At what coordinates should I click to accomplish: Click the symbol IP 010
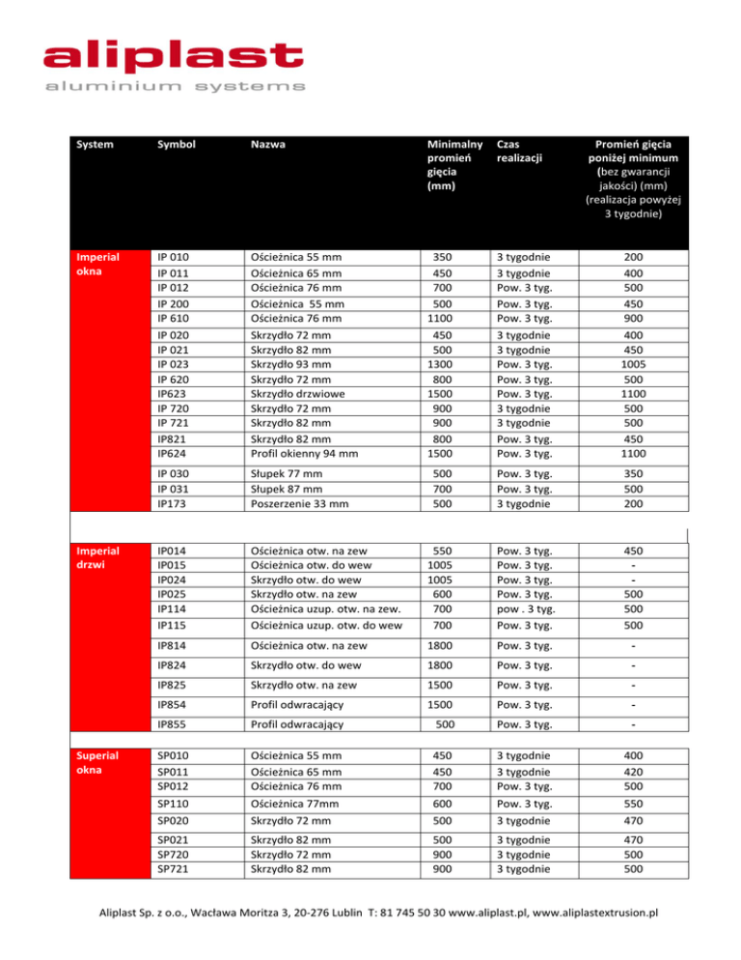(174, 259)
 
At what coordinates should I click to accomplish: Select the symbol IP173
(173, 504)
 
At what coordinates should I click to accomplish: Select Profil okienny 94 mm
(306, 450)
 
